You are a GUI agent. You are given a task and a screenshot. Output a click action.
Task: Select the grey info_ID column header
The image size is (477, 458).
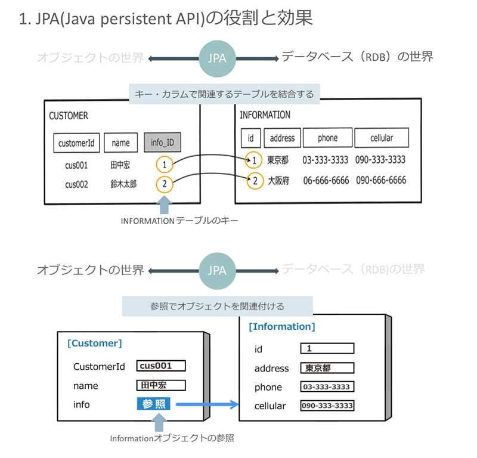[162, 143]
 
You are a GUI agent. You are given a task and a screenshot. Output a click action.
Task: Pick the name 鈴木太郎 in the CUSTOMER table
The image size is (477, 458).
[123, 184]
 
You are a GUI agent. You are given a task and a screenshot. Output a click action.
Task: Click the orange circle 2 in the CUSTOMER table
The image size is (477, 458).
[165, 184]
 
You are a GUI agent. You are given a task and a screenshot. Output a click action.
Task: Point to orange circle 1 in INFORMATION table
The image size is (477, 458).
[255, 160]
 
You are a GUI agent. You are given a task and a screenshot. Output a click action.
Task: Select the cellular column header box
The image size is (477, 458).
[382, 138]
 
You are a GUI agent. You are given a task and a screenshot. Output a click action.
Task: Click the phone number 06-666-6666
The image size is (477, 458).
[326, 180]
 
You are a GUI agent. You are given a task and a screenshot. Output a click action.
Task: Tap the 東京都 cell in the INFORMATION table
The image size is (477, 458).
[278, 160]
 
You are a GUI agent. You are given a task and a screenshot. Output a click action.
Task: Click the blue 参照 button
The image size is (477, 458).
[153, 404]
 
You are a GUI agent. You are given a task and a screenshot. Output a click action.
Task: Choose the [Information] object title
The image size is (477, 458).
[281, 327]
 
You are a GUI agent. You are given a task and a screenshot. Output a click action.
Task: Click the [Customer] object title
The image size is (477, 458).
[94, 343]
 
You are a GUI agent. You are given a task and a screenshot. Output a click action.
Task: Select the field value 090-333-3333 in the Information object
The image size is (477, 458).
[327, 406]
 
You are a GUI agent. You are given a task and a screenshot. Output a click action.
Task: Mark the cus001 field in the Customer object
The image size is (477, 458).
[162, 366]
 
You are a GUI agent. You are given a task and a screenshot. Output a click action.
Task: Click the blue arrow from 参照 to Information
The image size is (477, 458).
[205, 404]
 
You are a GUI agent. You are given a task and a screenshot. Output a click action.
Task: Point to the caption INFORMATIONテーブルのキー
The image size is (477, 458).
[179, 221]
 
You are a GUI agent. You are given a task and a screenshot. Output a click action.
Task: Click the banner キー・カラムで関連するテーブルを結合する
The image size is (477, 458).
[221, 94]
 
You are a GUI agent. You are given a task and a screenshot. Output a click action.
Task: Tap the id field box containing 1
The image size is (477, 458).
[327, 348]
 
